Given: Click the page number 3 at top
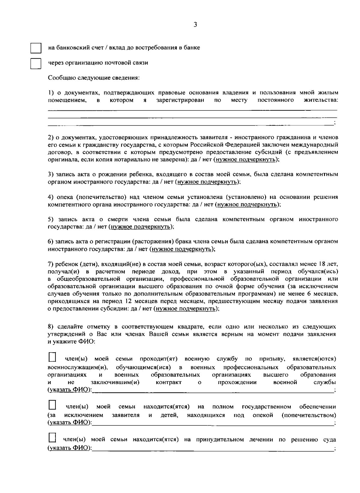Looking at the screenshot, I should click(195, 25).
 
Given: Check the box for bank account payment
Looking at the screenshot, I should click(35, 48).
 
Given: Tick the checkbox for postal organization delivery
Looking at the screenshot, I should click(35, 63).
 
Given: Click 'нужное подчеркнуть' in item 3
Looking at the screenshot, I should click(207, 182).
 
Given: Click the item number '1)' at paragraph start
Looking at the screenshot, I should click(51, 93).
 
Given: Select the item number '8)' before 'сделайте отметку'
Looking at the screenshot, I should click(51, 326).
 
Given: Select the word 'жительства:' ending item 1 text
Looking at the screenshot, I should click(321, 100).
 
